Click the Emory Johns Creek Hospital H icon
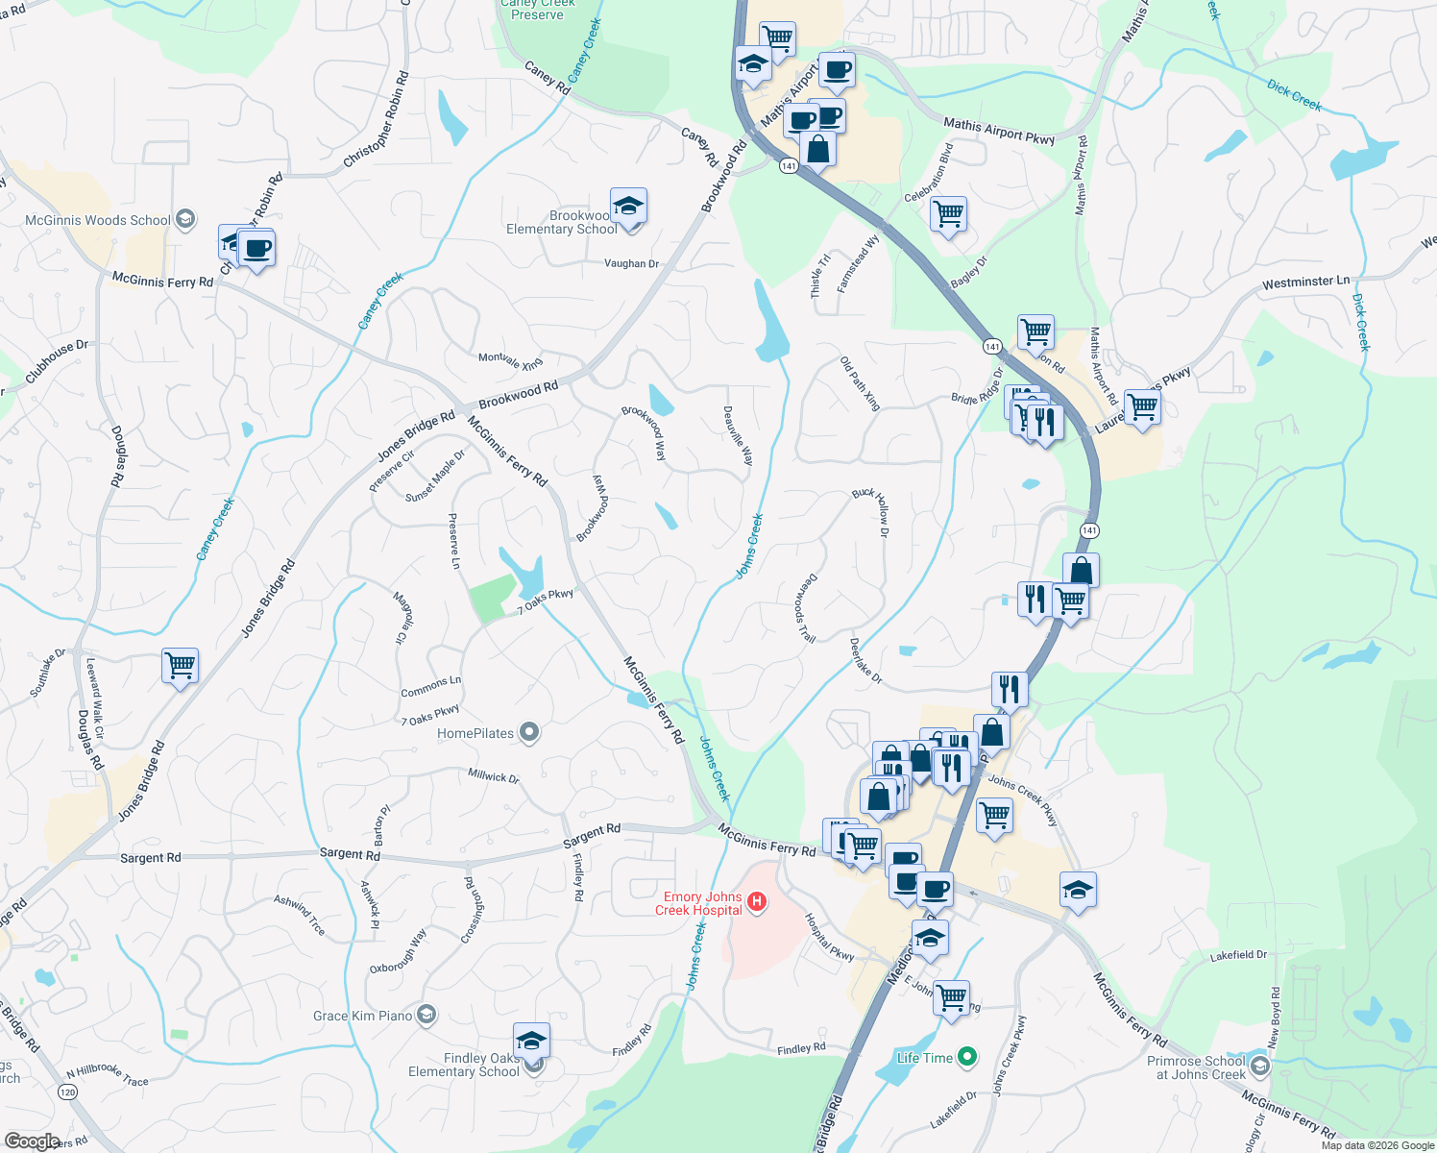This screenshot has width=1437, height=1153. [757, 901]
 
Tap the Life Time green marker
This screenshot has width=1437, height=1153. [967, 1058]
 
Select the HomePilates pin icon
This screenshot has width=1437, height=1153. [528, 733]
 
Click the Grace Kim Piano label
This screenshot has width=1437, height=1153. [362, 1016]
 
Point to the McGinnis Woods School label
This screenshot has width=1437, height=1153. [97, 220]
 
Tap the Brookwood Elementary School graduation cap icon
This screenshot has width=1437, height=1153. [628, 207]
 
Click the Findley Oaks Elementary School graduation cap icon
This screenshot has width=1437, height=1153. [531, 1041]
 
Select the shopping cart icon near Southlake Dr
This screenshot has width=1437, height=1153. [180, 665]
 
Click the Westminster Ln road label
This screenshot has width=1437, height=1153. [1305, 283]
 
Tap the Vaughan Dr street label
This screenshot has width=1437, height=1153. [631, 263]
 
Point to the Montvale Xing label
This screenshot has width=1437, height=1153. [510, 360]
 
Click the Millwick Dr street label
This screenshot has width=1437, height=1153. [493, 776]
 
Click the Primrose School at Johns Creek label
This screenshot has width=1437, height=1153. [1196, 1067]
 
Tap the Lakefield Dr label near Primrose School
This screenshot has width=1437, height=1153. [1238, 955]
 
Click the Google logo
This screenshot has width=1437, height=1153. [33, 1141]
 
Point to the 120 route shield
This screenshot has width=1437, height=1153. [67, 1092]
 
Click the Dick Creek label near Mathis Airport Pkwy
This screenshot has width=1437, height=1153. [1294, 95]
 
